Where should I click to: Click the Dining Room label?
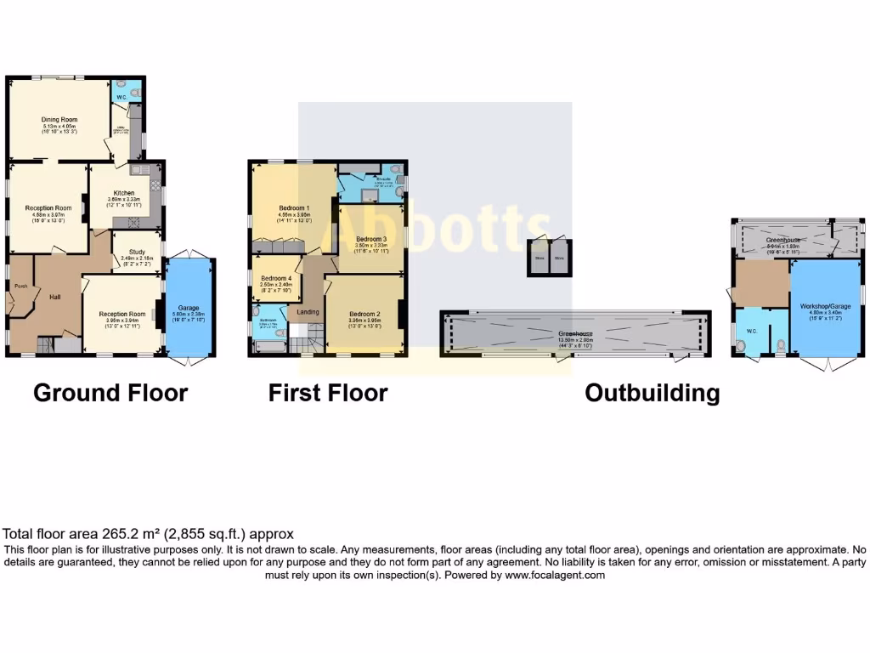[x=59, y=120]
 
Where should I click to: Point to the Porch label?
[x=22, y=287]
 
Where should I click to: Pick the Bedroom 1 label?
[x=294, y=208]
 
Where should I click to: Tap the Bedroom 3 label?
[x=371, y=239]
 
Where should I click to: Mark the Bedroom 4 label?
[x=276, y=279]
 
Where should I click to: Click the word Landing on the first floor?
[x=308, y=312]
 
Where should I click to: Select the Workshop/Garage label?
[x=825, y=305]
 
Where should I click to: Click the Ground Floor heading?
[x=110, y=393]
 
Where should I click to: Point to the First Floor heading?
[x=328, y=393]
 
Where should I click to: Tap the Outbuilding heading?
[x=652, y=394]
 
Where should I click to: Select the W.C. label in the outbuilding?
[x=752, y=331]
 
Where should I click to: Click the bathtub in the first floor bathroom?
[x=269, y=349]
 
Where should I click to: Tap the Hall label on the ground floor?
[x=54, y=297]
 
